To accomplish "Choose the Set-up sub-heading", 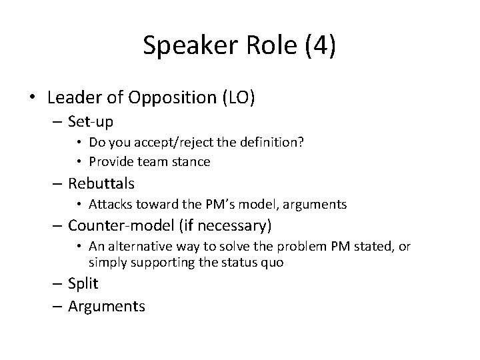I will click(x=91, y=122).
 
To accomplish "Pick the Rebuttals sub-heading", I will click(x=102, y=182).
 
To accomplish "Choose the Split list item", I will click(x=83, y=283).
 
